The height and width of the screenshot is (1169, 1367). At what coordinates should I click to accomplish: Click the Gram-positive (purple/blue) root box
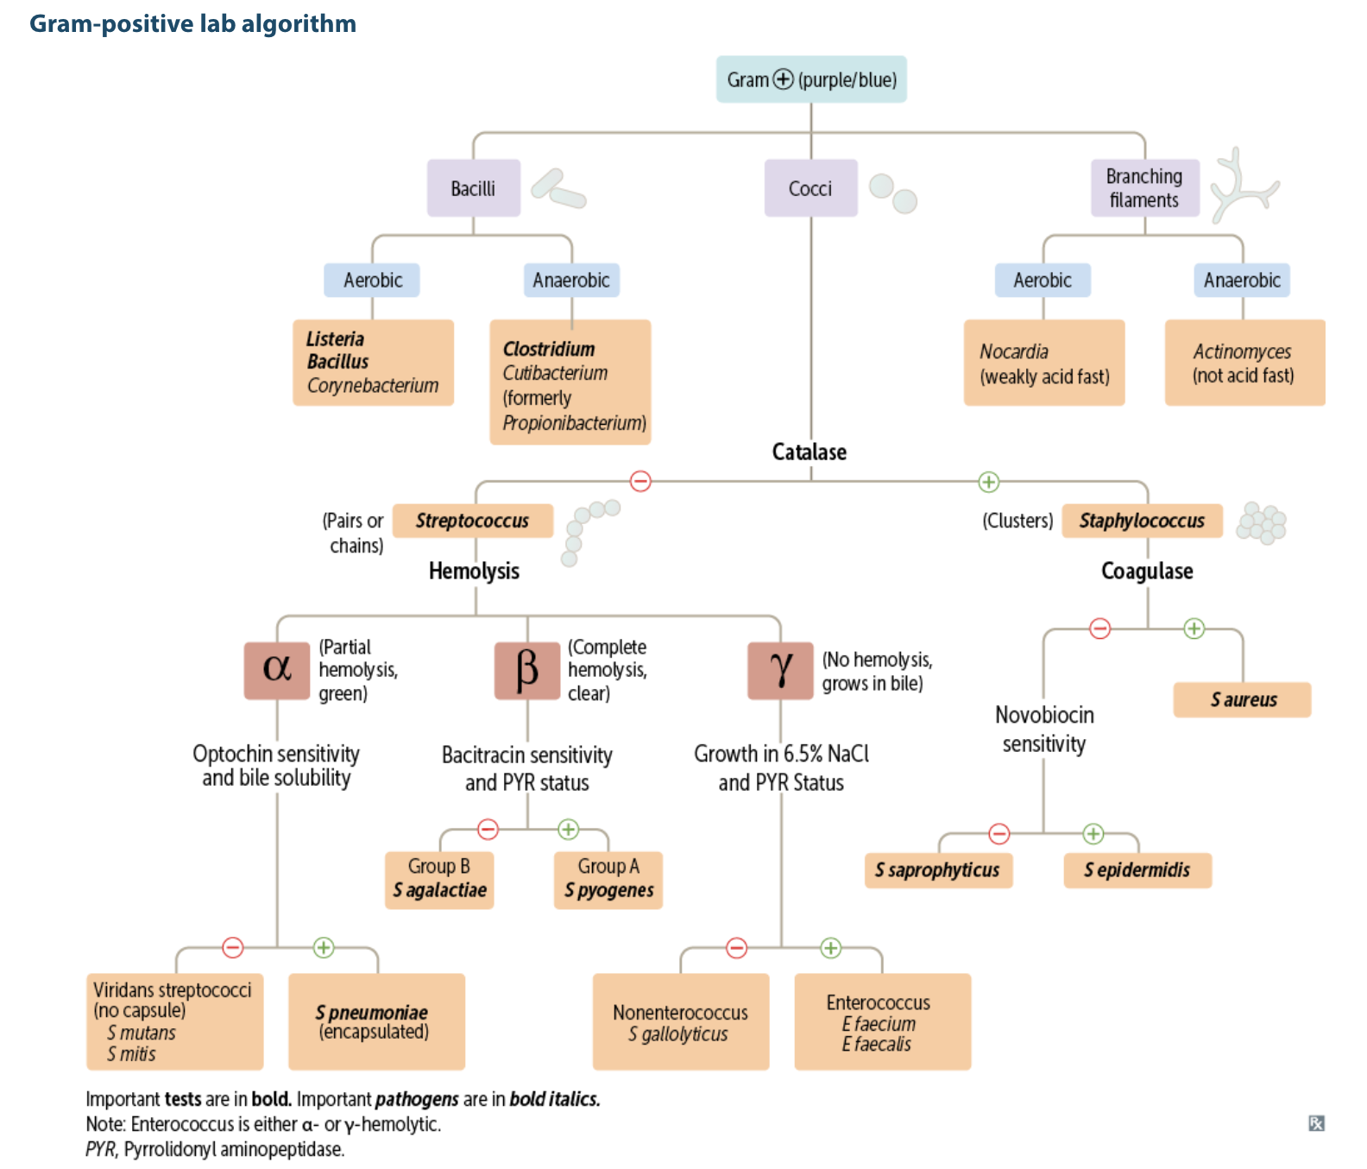click(811, 79)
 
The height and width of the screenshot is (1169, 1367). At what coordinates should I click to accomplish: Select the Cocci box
click(810, 188)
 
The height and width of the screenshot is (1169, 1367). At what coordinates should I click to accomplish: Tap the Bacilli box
click(473, 188)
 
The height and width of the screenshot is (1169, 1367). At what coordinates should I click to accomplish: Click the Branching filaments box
click(1144, 188)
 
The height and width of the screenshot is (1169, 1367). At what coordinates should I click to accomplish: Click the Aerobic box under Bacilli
click(372, 280)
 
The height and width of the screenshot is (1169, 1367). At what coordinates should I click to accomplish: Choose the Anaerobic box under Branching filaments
click(1242, 280)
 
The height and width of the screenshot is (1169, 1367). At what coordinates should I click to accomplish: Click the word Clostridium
click(549, 349)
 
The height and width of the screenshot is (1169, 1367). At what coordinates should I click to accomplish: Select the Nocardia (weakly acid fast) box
click(1044, 363)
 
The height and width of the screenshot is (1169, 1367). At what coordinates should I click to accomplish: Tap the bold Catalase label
click(809, 452)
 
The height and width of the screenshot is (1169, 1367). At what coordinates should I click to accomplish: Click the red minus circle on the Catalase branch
click(640, 481)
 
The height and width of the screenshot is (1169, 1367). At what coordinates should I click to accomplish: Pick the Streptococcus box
click(472, 521)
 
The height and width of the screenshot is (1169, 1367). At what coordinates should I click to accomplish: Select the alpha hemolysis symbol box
click(276, 670)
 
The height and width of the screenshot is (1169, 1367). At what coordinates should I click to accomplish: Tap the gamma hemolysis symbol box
click(780, 670)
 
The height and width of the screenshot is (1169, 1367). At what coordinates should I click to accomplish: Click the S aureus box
click(1242, 699)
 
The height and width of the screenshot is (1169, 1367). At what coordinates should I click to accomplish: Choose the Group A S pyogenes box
click(608, 880)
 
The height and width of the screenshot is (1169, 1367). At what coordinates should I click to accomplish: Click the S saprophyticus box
click(938, 870)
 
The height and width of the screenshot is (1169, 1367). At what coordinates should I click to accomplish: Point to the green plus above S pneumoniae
click(324, 947)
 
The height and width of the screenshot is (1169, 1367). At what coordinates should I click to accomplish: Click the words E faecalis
click(877, 1044)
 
